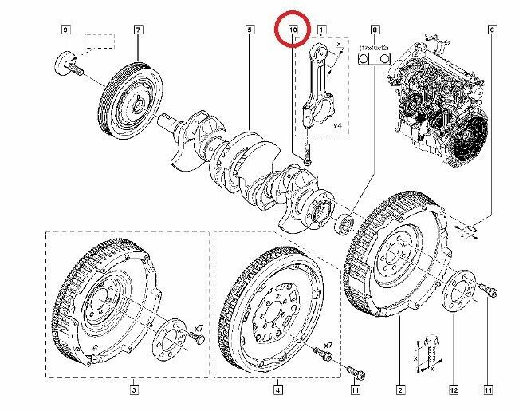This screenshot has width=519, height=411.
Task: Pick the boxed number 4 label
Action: [x=277, y=390]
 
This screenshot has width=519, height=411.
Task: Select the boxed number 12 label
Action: [x=454, y=390]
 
